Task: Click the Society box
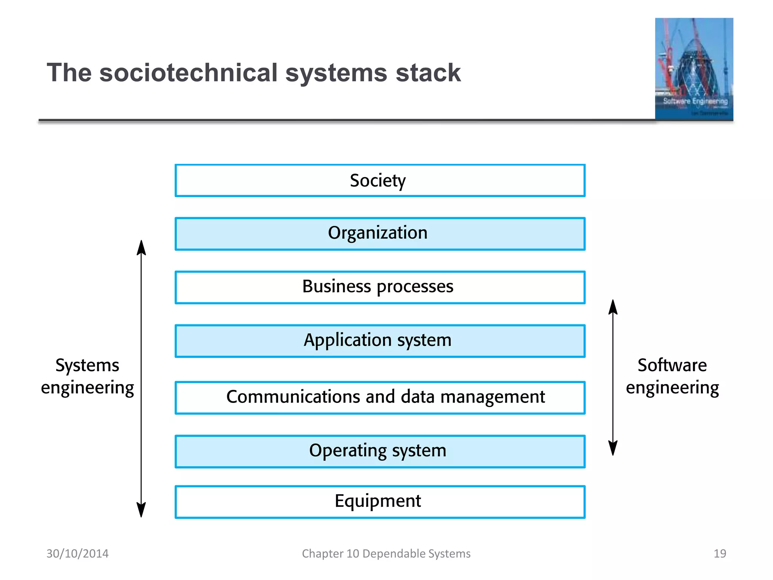point(380,180)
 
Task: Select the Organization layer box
point(380,234)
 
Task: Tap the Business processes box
point(380,287)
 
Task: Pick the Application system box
point(380,341)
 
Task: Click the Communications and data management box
point(380,398)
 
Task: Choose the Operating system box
point(380,451)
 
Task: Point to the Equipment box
point(380,502)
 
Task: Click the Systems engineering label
point(87,376)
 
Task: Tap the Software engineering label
point(672,376)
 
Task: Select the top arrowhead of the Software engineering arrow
point(613,307)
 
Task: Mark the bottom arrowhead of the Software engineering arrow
point(613,449)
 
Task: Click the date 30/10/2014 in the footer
point(77,554)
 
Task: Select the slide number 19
point(720,554)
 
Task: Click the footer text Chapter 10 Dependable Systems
point(386,554)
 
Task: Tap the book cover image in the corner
point(694,69)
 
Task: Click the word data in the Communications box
point(418,397)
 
